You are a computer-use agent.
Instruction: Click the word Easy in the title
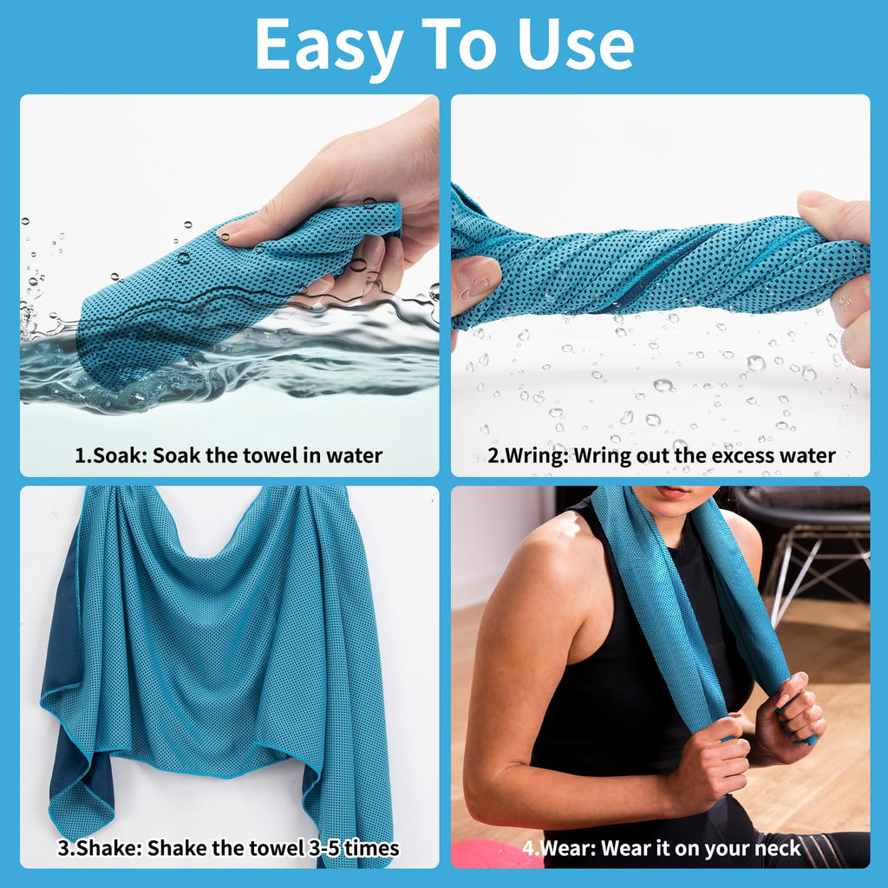330,45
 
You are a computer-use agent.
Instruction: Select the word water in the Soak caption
355,455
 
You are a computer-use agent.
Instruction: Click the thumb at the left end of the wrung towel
474,278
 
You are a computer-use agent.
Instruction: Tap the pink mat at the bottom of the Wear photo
494,853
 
